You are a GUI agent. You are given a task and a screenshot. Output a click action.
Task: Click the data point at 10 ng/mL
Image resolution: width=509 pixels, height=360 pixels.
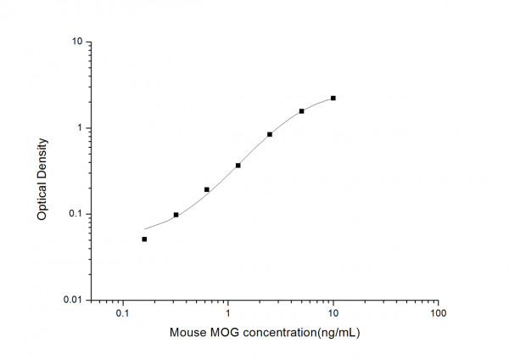pyautogui.click(x=333, y=98)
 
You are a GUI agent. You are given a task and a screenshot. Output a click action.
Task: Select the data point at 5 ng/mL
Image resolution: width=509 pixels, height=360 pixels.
pyautogui.click(x=301, y=111)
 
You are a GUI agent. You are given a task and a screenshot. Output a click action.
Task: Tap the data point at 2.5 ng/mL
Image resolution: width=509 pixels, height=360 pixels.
pyautogui.click(x=270, y=134)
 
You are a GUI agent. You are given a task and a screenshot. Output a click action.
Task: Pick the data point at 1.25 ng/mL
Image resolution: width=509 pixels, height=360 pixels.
pyautogui.click(x=238, y=166)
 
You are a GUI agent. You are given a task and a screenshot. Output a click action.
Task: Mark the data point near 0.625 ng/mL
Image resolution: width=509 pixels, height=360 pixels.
pyautogui.click(x=207, y=189)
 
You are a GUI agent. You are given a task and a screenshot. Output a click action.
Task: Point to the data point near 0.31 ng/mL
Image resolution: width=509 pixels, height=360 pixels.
pyautogui.click(x=176, y=215)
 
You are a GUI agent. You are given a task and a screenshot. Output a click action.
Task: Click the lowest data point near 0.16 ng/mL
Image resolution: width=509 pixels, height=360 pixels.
pyautogui.click(x=144, y=239)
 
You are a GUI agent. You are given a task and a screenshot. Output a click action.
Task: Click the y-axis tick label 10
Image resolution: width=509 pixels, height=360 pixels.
pyautogui.click(x=76, y=42)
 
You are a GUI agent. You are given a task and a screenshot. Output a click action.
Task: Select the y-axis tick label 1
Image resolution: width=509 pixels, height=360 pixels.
pyautogui.click(x=79, y=128)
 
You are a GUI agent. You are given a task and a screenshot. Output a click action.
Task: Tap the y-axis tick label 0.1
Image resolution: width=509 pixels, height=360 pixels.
pyautogui.click(x=76, y=214)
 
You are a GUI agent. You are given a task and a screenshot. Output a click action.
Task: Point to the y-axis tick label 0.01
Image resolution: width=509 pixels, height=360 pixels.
pyautogui.click(x=73, y=301)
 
